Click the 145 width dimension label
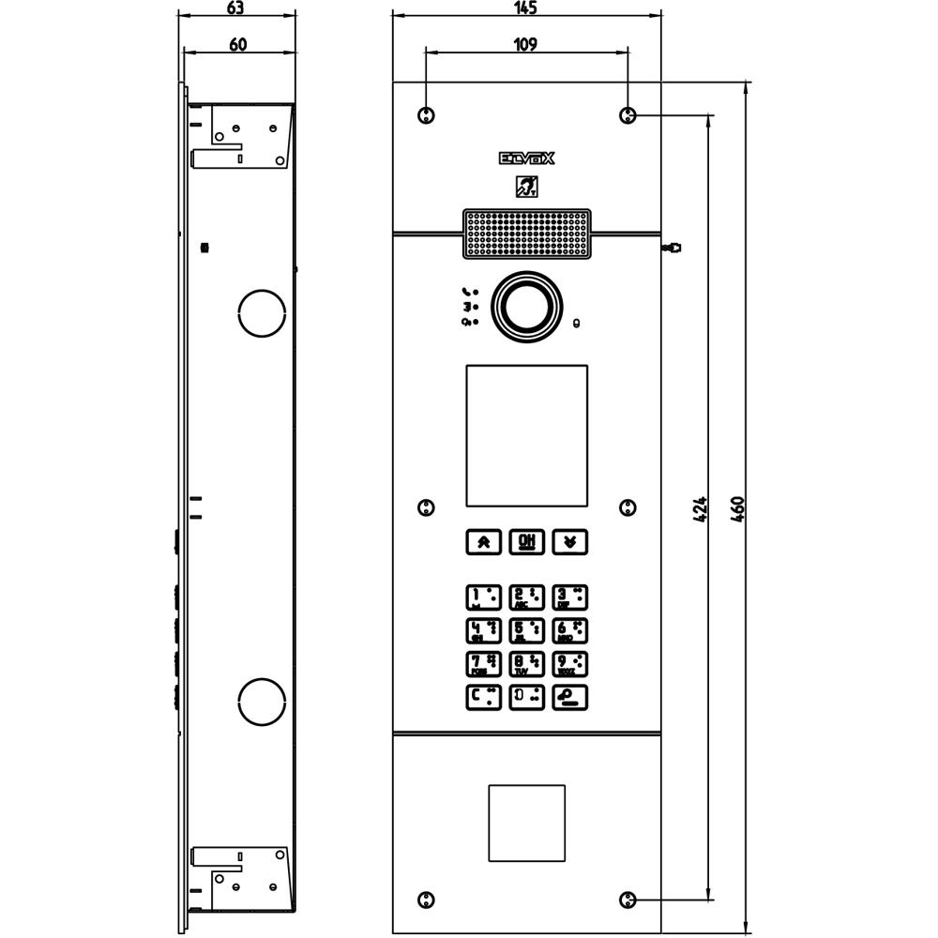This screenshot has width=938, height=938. [x=525, y=8]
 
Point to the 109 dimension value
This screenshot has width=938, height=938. [x=525, y=44]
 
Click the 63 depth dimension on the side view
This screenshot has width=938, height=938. [x=235, y=8]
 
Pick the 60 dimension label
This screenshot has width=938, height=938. [x=237, y=44]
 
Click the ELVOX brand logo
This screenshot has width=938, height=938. [x=526, y=159]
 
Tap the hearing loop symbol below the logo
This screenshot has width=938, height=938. [x=526, y=188]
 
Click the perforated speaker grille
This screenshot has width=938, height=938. [x=526, y=233]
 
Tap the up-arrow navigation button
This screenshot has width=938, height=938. [x=483, y=541]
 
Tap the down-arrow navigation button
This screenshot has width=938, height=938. [x=569, y=541]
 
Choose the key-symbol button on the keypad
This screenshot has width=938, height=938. [x=569, y=697]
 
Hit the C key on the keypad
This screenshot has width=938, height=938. [x=483, y=697]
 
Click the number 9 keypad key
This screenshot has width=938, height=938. [x=569, y=664]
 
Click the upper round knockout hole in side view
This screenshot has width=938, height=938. [x=262, y=312]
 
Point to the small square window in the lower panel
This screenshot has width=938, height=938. [x=526, y=823]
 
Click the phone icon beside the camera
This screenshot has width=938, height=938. [x=468, y=292]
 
